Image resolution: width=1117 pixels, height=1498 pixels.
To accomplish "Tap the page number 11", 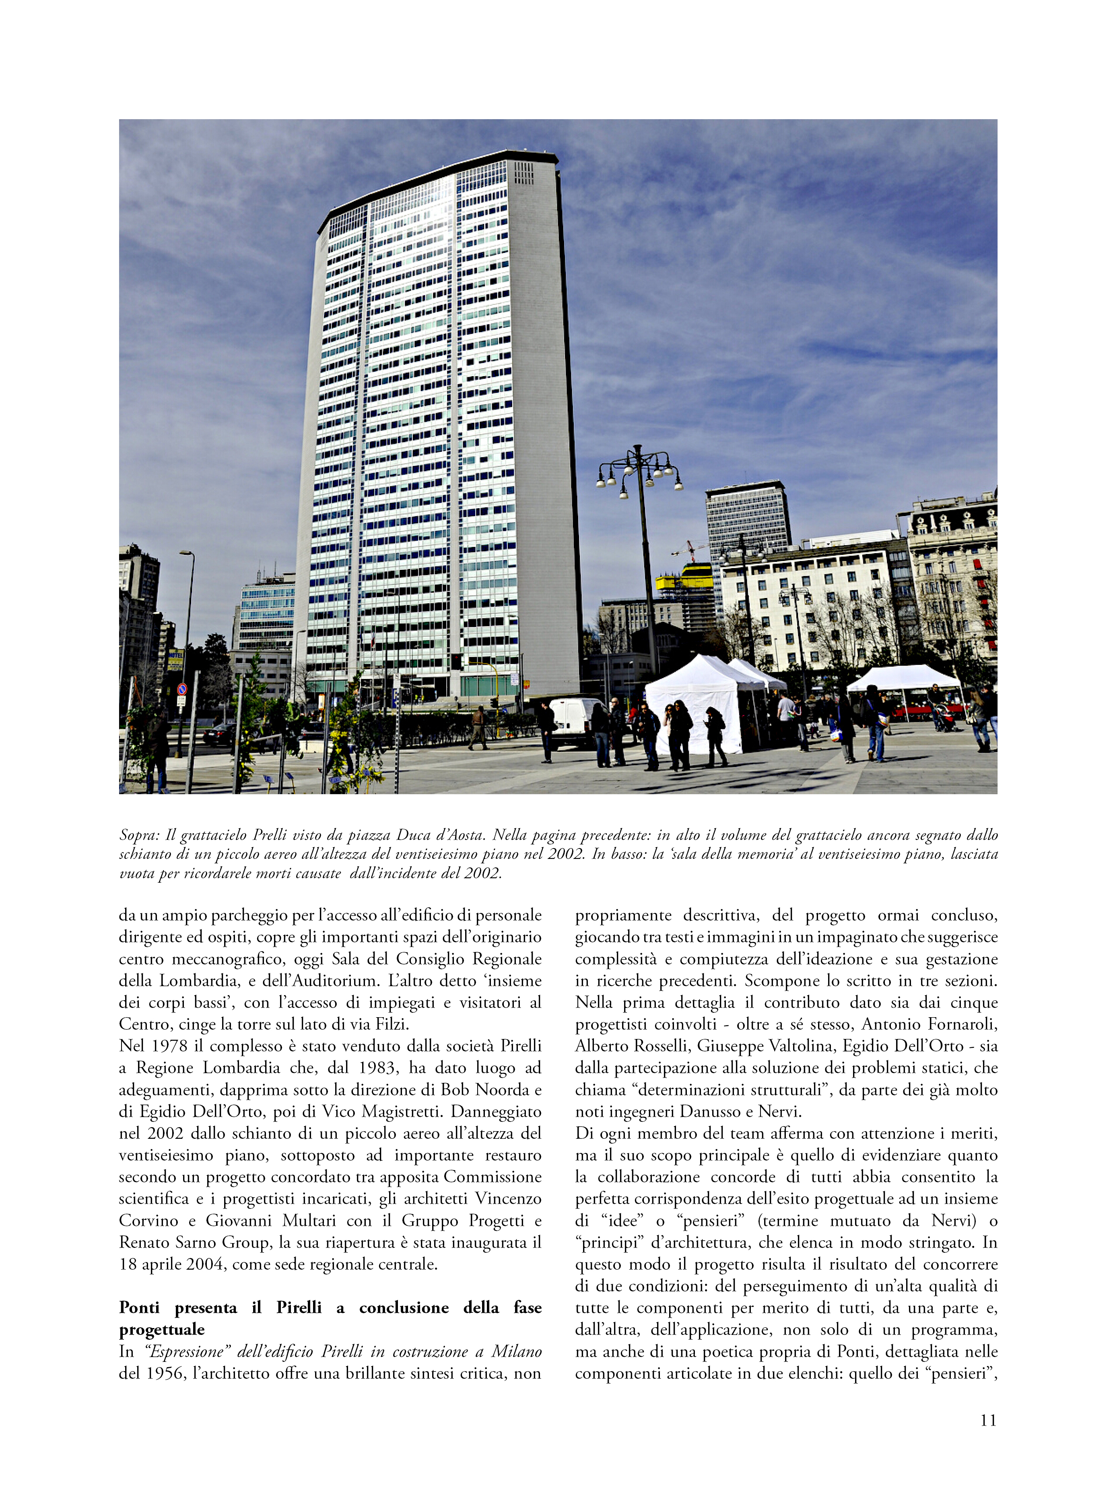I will click(988, 1420).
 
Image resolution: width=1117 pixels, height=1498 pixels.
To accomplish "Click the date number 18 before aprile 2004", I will click(128, 1264).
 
